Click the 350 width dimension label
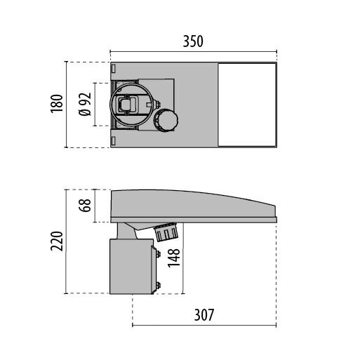coord(193,41)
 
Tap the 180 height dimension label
coord(57,104)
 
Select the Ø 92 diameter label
coord(85,105)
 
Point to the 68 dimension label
coord(85,206)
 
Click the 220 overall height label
coord(57,241)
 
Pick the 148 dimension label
coord(174,258)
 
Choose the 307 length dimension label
coord(204,315)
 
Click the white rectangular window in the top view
coord(247,105)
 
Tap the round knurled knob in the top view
coord(166,121)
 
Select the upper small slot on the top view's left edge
coord(114,69)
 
